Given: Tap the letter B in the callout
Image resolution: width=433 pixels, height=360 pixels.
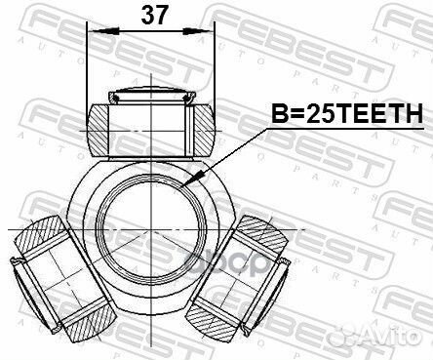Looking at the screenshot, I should click(269, 115).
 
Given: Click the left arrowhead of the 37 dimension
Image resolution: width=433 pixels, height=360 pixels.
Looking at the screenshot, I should click(93, 33).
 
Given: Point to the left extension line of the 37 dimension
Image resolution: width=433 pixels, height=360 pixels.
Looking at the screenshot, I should click(88, 68).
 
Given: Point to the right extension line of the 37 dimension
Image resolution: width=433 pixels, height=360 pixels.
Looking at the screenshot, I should click(213, 68).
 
